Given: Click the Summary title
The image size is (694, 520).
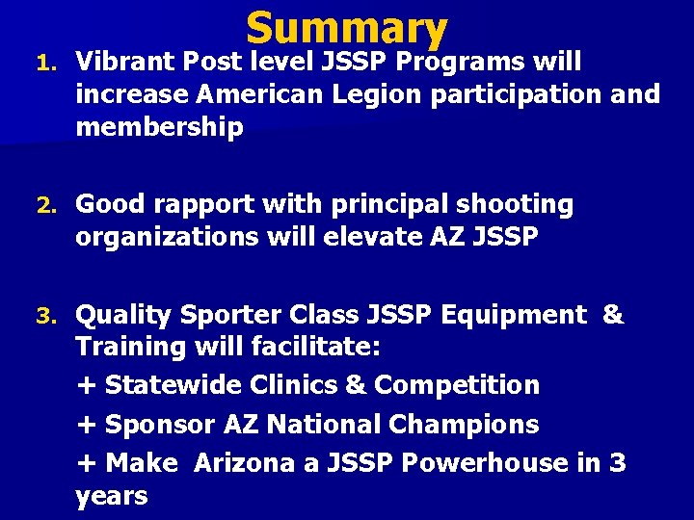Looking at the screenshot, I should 347,30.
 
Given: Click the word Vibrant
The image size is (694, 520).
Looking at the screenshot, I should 122,63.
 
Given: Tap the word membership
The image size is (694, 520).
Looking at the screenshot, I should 159,128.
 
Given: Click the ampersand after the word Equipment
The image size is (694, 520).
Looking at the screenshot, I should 612,315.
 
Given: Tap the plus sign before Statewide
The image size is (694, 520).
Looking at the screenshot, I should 86,386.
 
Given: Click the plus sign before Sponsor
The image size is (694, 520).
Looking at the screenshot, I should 86,425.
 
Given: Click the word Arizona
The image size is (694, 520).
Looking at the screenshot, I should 242,463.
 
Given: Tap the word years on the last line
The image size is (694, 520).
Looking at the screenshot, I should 111,497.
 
